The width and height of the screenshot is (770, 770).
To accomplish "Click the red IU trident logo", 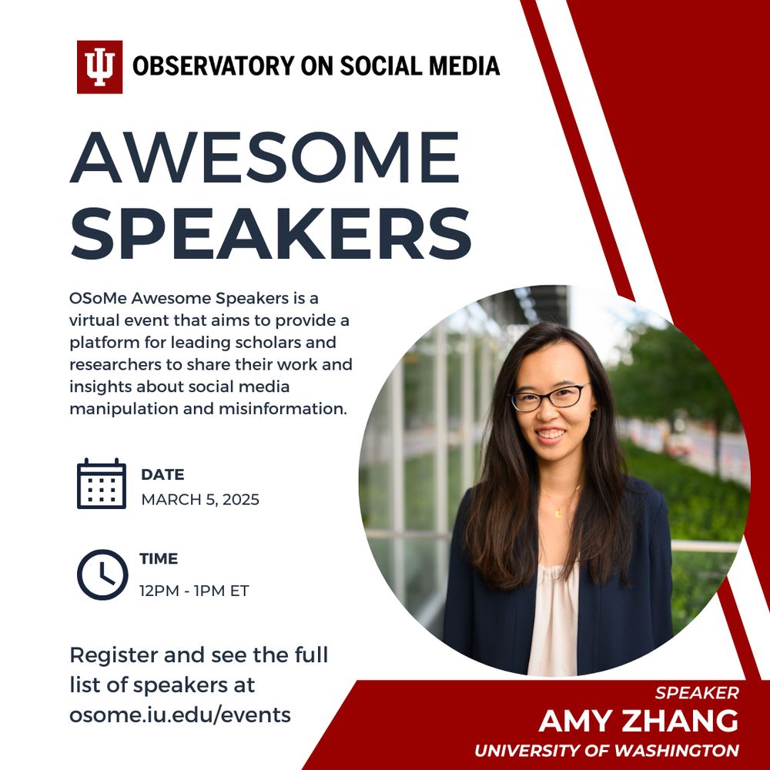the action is point(99,67).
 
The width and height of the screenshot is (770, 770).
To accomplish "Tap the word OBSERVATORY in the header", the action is point(213,66).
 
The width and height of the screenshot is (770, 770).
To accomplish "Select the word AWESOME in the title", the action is point(265,157).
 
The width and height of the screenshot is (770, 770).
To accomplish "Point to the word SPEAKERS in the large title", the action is point(271,233).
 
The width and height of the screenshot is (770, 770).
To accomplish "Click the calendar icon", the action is point(102,484).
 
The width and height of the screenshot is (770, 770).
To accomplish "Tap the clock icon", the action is point(102,574).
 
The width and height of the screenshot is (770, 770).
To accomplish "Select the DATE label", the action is point(162,474).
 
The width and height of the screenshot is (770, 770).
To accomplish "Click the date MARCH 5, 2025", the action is point(200,500).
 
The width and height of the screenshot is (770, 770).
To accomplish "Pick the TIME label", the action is point(159,559).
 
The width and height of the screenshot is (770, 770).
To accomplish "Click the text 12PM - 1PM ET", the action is point(195,591).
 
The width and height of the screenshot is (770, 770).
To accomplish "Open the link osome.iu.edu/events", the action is point(180,715).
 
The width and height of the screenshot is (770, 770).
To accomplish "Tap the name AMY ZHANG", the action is point(638,721).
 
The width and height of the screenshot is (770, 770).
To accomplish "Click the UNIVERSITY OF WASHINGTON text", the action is point(607,750).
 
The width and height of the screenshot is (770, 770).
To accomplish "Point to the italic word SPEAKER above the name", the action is point(697,693).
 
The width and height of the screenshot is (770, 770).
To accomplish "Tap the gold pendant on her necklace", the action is point(558,513).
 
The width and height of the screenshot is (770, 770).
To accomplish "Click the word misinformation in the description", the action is point(283,409).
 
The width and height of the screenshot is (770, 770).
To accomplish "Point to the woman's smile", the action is point(550,434).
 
